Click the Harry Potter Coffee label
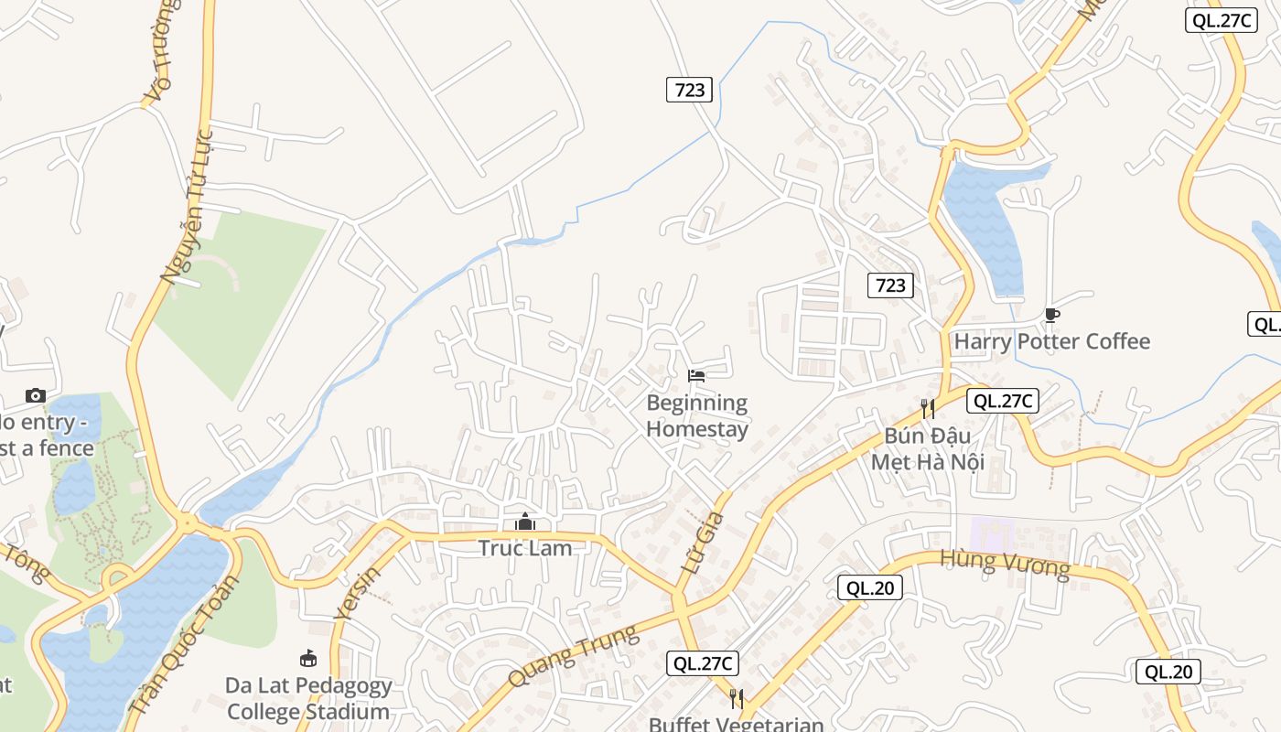(1052, 341)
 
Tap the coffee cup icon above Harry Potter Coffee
(1052, 316)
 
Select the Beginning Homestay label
(697, 415)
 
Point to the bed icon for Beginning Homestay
(696, 376)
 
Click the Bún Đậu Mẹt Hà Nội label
(927, 448)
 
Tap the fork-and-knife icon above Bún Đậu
(928, 408)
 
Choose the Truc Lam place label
(525, 548)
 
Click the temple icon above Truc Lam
(525, 522)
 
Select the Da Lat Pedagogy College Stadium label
(308, 698)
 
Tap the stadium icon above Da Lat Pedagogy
(308, 658)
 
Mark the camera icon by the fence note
(36, 395)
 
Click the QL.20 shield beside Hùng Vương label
(870, 587)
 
